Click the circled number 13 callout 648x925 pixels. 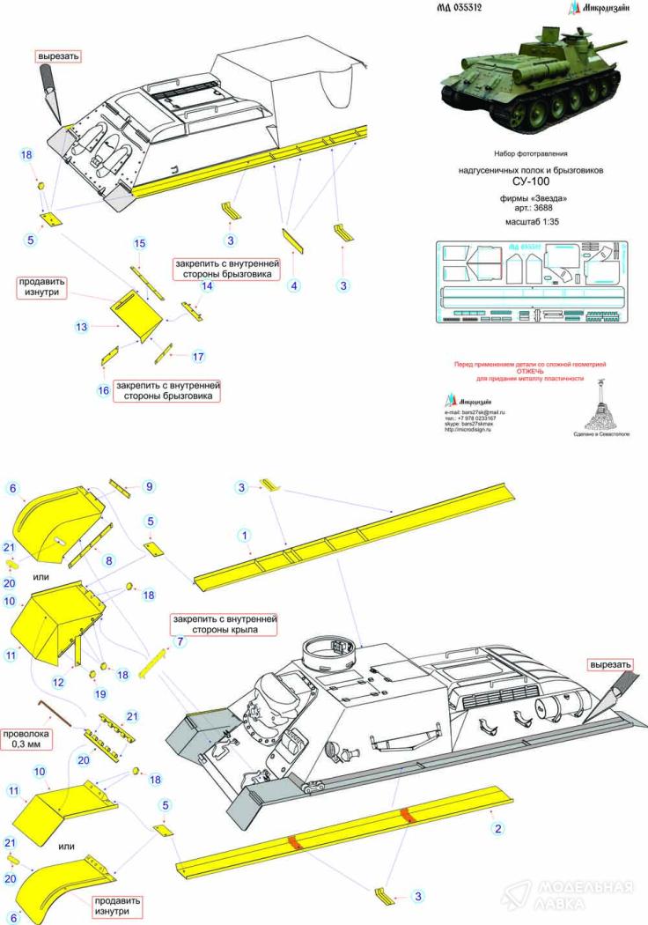click(82, 326)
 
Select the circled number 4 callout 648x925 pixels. click(295, 285)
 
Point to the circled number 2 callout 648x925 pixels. click(497, 828)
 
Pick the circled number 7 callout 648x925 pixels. click(181, 641)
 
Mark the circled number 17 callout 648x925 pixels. click(198, 356)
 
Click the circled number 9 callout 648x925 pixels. click(149, 486)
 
